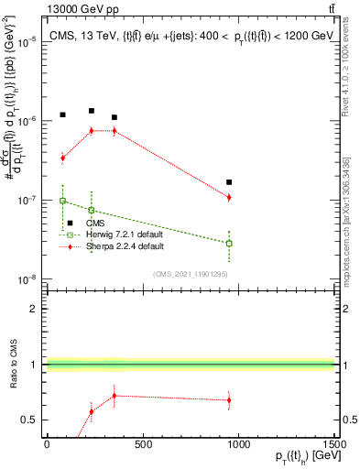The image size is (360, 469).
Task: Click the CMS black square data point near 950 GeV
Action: (229, 182)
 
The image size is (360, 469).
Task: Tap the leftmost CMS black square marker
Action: (62, 115)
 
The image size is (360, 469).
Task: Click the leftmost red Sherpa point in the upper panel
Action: (62, 158)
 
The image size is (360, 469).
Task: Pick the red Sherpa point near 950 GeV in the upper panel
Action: (229, 197)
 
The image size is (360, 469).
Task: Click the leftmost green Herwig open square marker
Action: (62, 201)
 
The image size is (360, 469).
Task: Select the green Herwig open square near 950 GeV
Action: (229, 244)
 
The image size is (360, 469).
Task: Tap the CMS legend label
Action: (96, 223)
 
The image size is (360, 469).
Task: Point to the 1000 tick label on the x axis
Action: (238, 445)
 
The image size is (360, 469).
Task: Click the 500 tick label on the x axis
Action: (142, 445)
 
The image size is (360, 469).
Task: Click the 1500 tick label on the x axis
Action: (333, 445)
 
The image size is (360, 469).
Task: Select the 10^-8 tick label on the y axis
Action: (27, 279)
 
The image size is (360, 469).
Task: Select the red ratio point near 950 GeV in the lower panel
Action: (229, 399)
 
